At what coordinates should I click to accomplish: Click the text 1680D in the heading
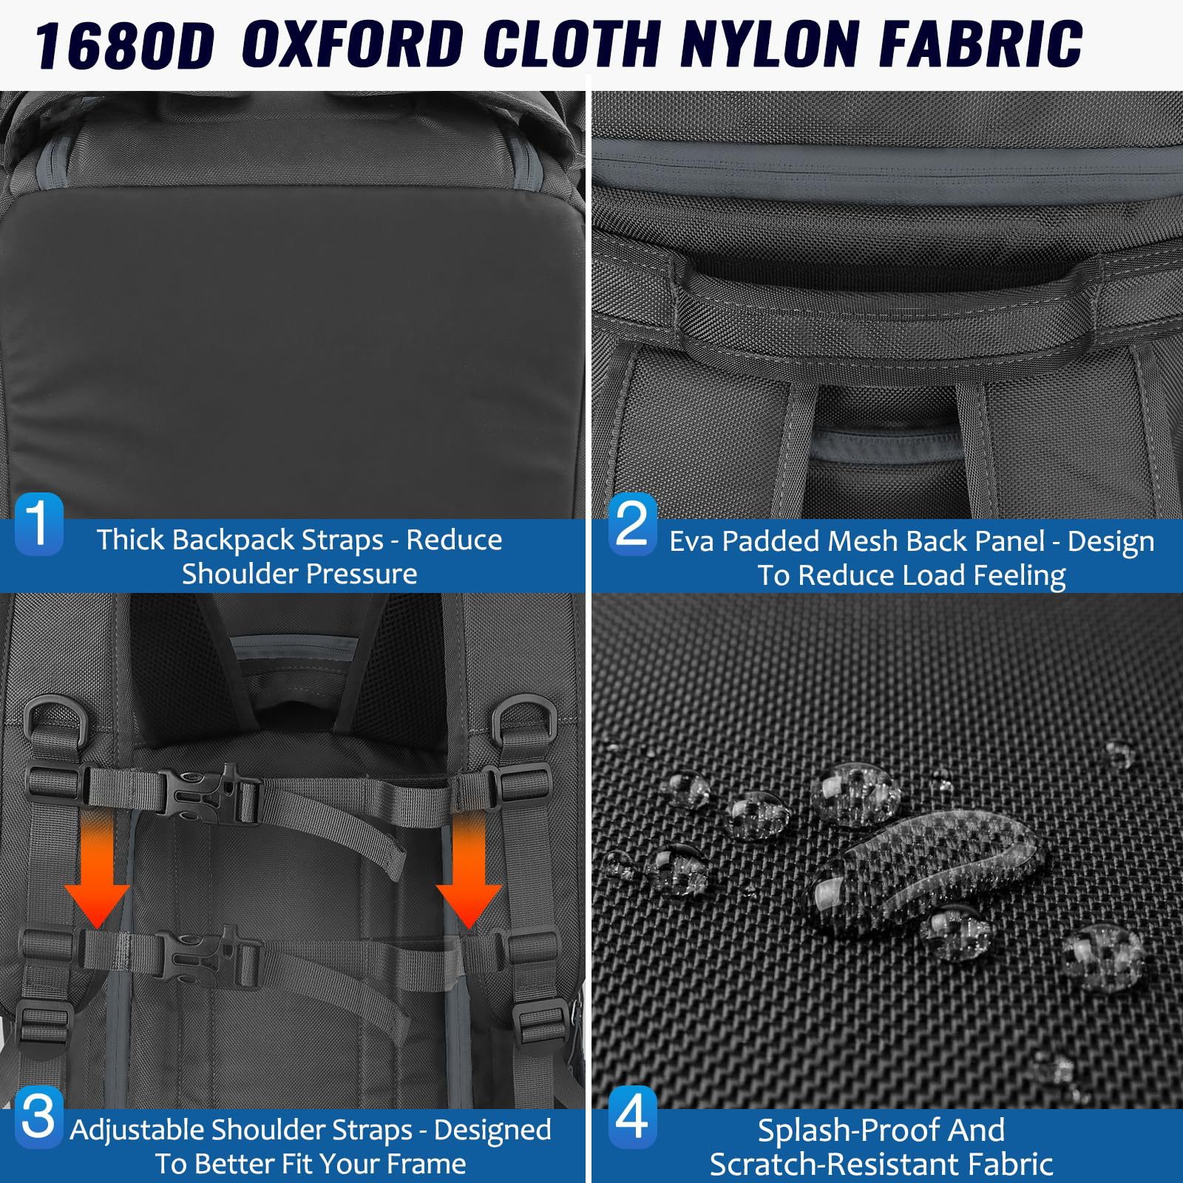pos(124,44)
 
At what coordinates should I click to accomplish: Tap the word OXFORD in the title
pos(353,44)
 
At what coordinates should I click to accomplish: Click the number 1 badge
pos(38,523)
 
